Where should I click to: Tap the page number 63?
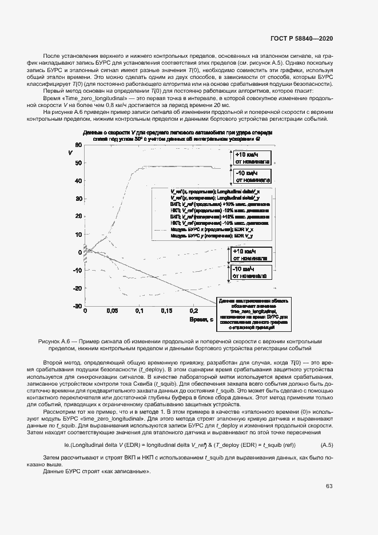[329, 486]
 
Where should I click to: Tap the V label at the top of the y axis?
[70, 153]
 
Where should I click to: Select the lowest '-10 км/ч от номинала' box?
[249, 272]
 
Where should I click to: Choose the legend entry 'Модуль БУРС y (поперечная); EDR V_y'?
[219, 236]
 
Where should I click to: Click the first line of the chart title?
[177, 132]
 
